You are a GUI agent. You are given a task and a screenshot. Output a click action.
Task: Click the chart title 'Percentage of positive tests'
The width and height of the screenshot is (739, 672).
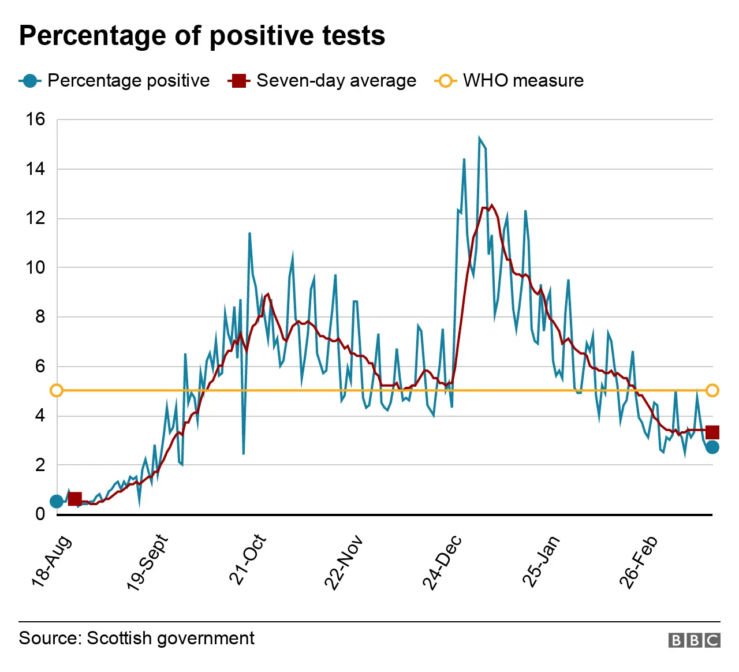[x=202, y=36]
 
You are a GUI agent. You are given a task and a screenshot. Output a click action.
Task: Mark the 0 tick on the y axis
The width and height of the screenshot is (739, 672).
[x=40, y=514]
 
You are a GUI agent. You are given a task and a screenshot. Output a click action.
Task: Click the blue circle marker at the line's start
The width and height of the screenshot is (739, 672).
[x=56, y=501]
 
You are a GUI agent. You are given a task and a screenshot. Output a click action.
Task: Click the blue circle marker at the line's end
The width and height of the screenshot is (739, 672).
[x=712, y=447]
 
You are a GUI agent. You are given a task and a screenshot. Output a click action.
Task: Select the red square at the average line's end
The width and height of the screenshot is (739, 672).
[x=712, y=432]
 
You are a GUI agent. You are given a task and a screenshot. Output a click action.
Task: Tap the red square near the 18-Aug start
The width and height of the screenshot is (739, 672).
[x=74, y=499]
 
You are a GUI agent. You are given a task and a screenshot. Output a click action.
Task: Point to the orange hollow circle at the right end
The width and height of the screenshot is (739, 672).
[x=712, y=391]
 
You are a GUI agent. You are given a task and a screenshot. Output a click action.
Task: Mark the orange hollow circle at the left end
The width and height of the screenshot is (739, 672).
[x=56, y=391]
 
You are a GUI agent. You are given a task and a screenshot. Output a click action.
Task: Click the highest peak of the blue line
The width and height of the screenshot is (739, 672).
[x=479, y=137]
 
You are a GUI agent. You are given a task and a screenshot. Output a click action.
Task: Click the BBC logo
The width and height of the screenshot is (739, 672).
[x=694, y=640]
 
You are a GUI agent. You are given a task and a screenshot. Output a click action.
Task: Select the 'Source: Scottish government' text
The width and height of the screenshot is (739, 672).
[x=136, y=638]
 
